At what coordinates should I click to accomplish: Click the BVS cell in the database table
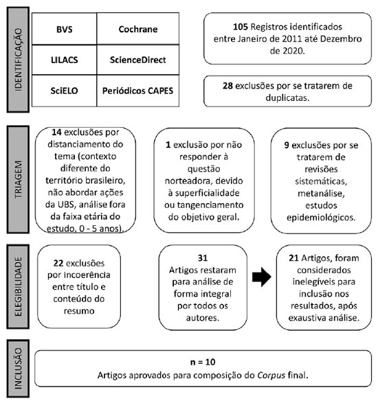click(65, 29)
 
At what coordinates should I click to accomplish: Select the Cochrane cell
click(138, 29)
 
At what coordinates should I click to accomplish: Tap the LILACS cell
click(65, 60)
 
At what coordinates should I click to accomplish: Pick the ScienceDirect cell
click(138, 60)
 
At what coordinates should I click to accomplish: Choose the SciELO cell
click(65, 91)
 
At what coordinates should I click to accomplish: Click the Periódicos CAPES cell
click(138, 91)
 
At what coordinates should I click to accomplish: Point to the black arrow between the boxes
click(262, 277)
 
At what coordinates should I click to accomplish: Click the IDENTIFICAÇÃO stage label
click(18, 60)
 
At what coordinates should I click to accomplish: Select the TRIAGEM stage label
click(18, 179)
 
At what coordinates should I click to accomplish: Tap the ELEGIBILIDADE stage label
click(18, 286)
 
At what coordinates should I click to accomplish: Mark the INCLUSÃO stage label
click(18, 368)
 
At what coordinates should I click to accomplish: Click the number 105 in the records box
click(241, 27)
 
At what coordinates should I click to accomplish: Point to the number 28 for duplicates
click(227, 86)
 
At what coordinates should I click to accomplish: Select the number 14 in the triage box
click(56, 132)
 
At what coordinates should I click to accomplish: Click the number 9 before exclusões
click(287, 146)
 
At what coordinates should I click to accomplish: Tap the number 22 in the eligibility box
click(58, 263)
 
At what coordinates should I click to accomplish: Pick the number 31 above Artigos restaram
click(203, 257)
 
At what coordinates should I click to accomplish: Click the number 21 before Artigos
click(293, 257)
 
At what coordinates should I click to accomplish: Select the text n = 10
click(203, 362)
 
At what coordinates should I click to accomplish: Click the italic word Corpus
click(271, 376)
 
